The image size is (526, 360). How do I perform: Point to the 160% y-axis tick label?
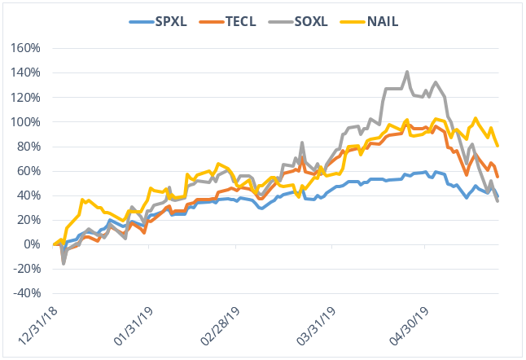pyautogui.click(x=24, y=48)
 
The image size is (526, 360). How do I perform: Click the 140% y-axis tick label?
pyautogui.click(x=24, y=72)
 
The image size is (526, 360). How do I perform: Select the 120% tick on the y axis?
pyautogui.click(x=24, y=97)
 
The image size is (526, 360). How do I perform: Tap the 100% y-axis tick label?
pyautogui.click(x=24, y=121)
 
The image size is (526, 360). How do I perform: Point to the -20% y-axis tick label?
pyautogui.click(x=24, y=269)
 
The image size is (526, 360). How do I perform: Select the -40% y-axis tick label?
pyautogui.click(x=24, y=293)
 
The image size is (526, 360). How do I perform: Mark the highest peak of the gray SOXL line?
pyautogui.click(x=407, y=72)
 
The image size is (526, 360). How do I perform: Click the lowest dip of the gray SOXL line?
pyautogui.click(x=64, y=263)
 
